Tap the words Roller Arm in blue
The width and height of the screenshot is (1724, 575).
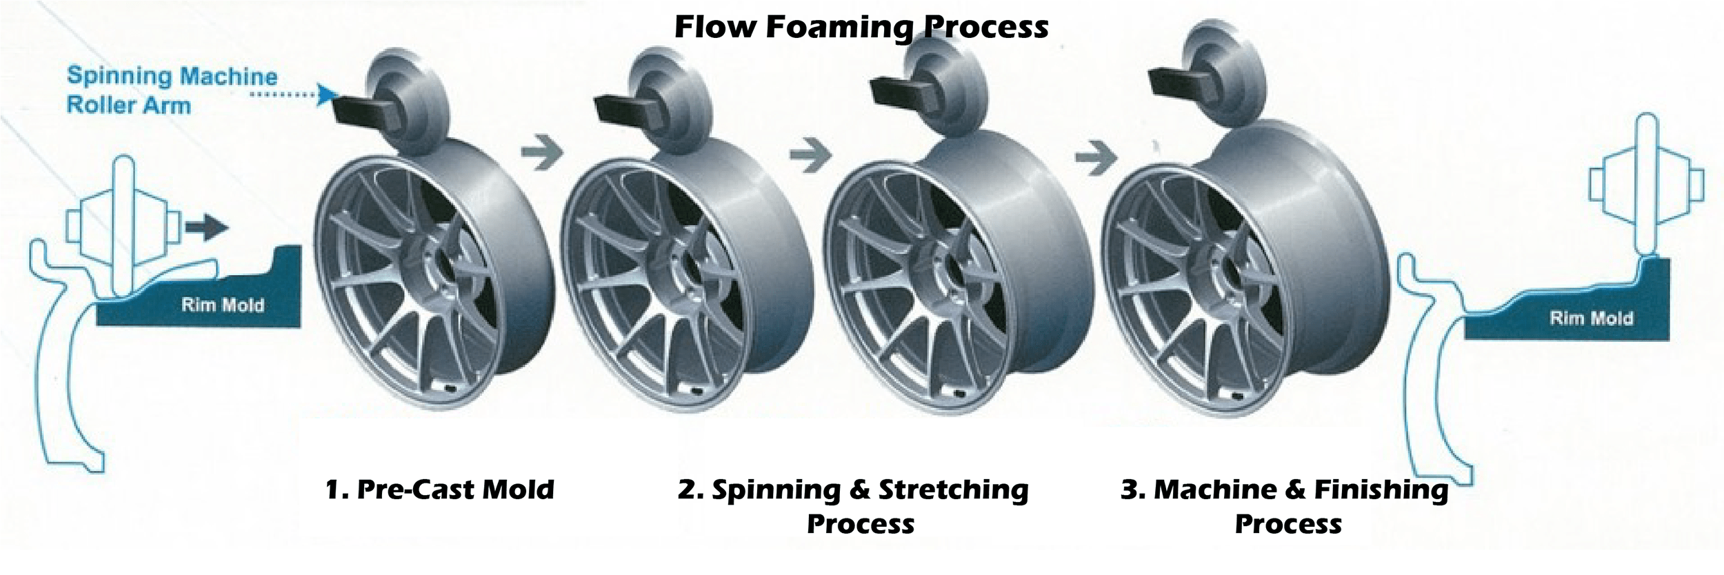click(x=128, y=105)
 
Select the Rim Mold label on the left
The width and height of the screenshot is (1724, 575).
click(x=222, y=305)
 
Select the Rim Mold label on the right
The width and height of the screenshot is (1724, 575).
click(x=1591, y=318)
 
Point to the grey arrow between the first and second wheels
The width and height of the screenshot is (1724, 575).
click(x=542, y=153)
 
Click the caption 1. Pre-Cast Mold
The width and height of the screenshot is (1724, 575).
click(x=439, y=490)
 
